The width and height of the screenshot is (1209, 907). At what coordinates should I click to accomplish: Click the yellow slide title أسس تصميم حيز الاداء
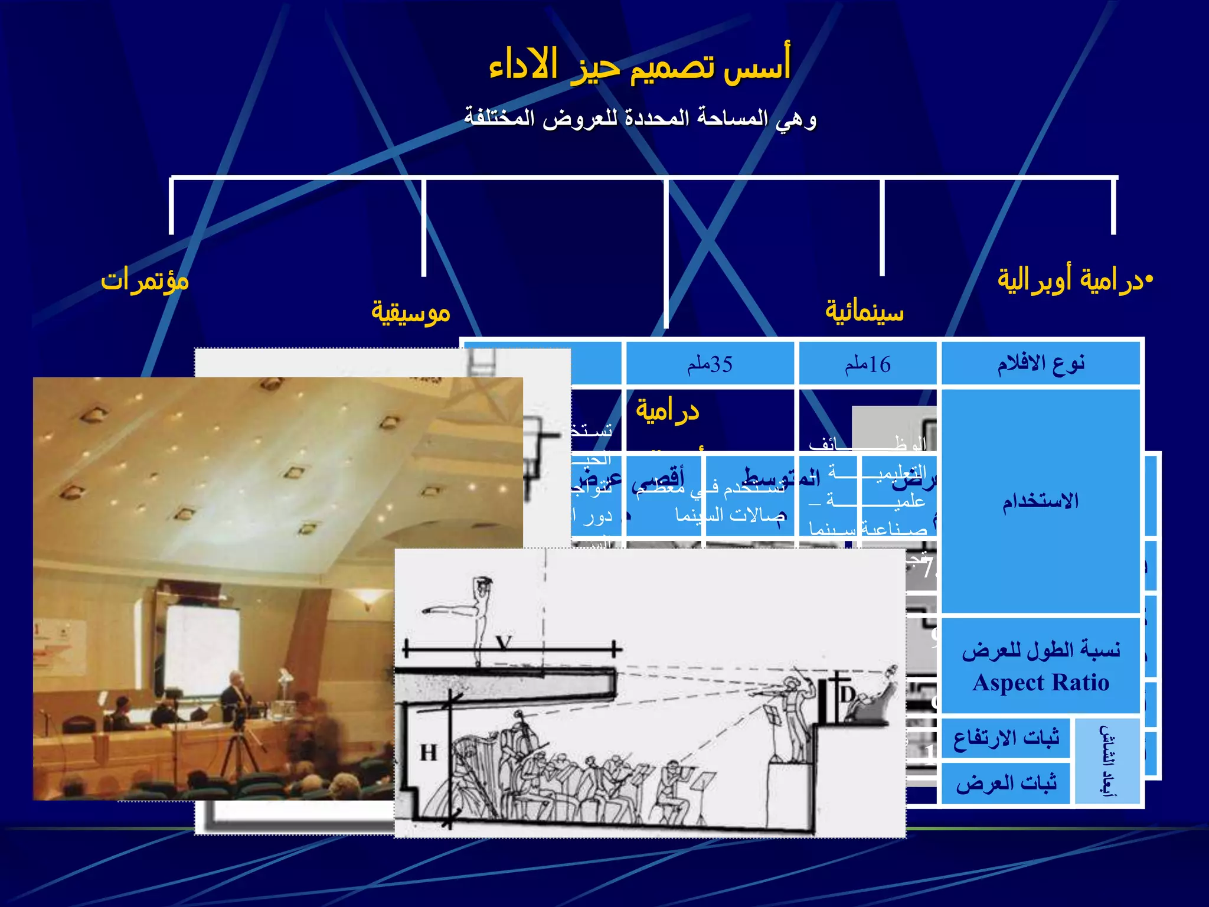pyautogui.click(x=639, y=66)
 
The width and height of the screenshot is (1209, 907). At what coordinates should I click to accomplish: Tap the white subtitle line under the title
pyautogui.click(x=640, y=118)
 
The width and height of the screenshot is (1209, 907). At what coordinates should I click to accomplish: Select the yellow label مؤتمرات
pyautogui.click(x=145, y=280)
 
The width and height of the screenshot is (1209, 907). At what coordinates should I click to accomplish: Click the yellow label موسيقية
pyautogui.click(x=411, y=312)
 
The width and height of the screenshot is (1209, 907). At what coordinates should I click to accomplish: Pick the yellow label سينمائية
pyautogui.click(x=864, y=311)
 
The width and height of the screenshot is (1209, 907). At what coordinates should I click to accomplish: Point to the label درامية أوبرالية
pyautogui.click(x=1074, y=280)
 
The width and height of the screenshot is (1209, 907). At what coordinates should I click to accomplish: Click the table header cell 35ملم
pyautogui.click(x=710, y=364)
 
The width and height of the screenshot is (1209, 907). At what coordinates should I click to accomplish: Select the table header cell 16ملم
pyautogui.click(x=867, y=364)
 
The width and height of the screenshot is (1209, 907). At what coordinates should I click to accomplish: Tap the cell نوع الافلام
pyautogui.click(x=1040, y=363)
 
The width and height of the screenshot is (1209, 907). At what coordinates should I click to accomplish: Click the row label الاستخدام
pyautogui.click(x=1040, y=501)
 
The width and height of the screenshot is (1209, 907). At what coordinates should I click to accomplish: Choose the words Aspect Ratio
pyautogui.click(x=1041, y=683)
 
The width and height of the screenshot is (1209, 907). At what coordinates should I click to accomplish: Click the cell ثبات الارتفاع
pyautogui.click(x=1006, y=738)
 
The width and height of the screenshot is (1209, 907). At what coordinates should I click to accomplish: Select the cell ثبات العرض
pyautogui.click(x=1006, y=783)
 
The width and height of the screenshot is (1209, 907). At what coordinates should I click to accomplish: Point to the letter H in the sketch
pyautogui.click(x=429, y=753)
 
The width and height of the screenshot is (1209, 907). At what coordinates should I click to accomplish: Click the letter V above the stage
pyautogui.click(x=504, y=642)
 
